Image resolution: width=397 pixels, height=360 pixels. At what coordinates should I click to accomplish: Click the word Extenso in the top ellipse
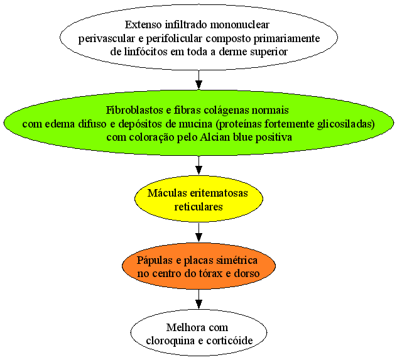pos(143,25)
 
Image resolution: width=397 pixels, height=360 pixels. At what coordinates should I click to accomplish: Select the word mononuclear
pos(239,25)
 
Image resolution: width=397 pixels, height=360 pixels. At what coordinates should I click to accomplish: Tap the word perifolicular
pos(174,39)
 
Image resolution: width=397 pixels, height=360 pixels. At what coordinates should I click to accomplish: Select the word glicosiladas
pos(345,124)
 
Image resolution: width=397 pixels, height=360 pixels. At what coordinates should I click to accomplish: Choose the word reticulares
pos(198,207)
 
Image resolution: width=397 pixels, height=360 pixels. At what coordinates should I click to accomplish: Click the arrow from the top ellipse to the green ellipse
pos(198,80)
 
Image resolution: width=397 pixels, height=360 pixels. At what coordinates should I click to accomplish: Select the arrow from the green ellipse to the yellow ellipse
pos(198,165)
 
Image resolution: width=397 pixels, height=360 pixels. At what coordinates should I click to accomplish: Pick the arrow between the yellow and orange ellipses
pos(198,232)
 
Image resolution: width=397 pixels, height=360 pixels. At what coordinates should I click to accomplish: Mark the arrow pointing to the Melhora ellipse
pos(198,299)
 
